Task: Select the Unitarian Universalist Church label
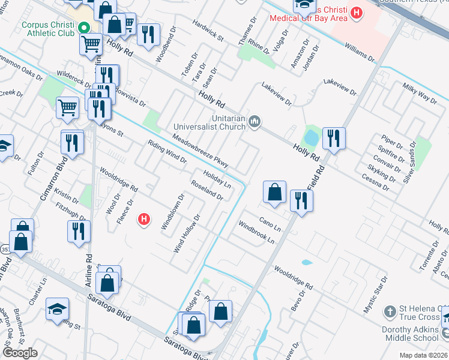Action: (x=209, y=122)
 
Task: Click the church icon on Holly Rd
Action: (x=255, y=122)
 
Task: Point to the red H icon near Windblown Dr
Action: (x=144, y=220)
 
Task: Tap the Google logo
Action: (x=20, y=353)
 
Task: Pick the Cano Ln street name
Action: (x=270, y=226)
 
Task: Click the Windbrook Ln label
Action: (x=256, y=232)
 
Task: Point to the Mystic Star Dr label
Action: (x=376, y=295)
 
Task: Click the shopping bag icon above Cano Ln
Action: (x=274, y=192)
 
